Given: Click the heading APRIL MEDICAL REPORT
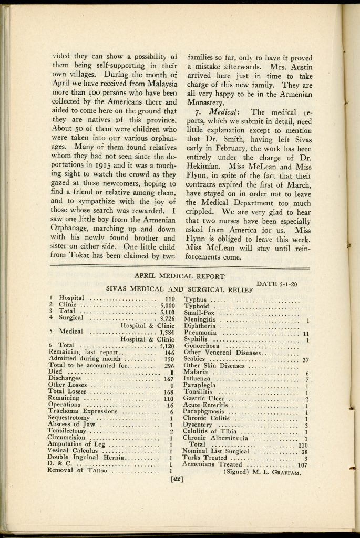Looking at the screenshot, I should (179, 276).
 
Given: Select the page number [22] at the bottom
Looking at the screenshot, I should (176, 479).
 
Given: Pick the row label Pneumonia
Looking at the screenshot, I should (200, 333).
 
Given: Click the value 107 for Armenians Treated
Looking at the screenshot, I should (302, 464).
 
